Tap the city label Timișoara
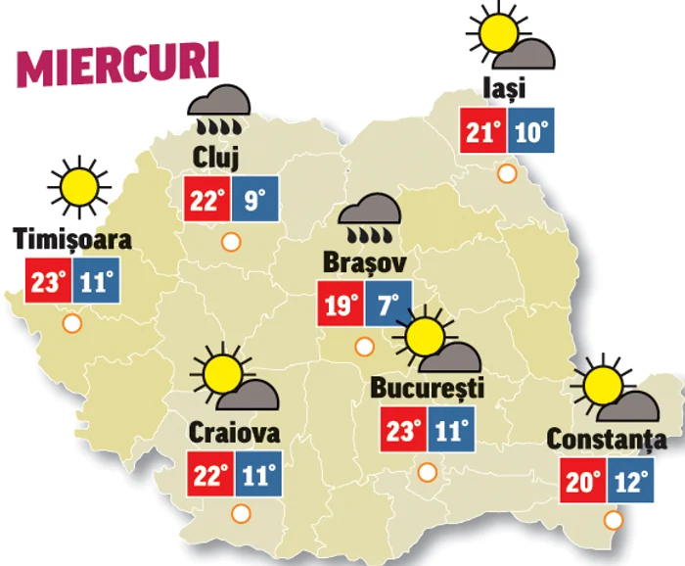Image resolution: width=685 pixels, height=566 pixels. click(x=72, y=240)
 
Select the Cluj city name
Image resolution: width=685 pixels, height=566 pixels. click(x=216, y=157)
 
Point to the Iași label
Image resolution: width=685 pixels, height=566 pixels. click(x=504, y=88)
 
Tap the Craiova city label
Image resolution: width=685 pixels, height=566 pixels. click(x=235, y=432)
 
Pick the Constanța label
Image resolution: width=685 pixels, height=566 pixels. click(x=607, y=440)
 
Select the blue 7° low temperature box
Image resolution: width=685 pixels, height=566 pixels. click(x=388, y=305)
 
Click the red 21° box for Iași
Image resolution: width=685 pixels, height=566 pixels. click(x=483, y=130)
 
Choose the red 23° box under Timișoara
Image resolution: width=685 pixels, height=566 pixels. click(x=48, y=283)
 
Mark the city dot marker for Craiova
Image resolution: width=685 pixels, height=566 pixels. click(x=240, y=512)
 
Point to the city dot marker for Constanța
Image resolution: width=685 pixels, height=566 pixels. click(x=614, y=520)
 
